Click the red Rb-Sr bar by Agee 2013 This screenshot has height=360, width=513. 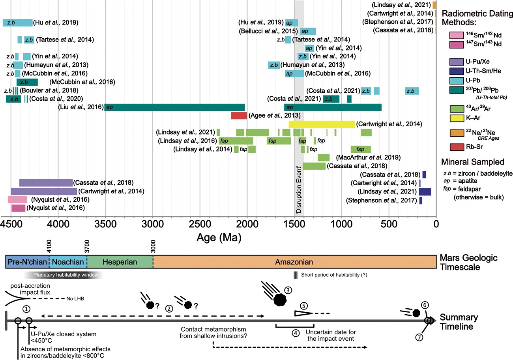pyautogui.click(x=239, y=116)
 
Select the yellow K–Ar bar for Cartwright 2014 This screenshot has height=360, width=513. pyautogui.click(x=322, y=124)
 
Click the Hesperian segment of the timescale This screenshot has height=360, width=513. pyautogui.click(x=120, y=262)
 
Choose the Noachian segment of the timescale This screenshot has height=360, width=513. pyautogui.click(x=68, y=262)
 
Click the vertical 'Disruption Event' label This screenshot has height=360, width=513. pyautogui.click(x=299, y=189)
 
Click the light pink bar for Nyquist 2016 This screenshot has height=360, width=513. pyautogui.click(x=17, y=199)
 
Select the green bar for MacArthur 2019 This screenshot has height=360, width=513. pyautogui.click(x=324, y=157)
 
